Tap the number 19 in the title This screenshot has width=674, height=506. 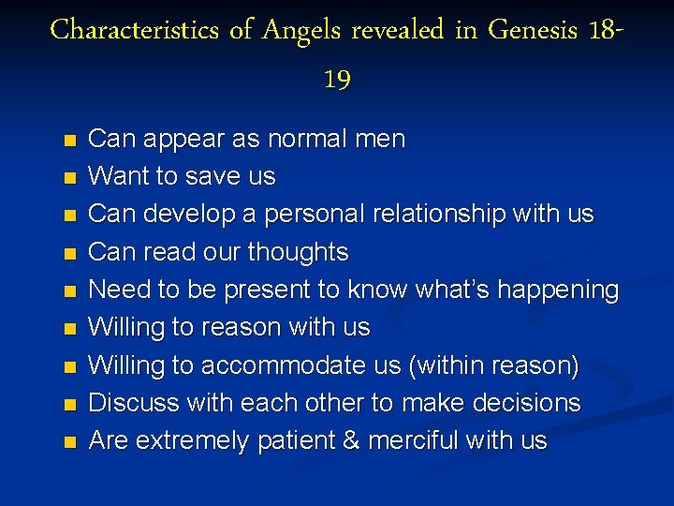(x=337, y=80)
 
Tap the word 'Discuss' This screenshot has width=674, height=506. (x=130, y=403)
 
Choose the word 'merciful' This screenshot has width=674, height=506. (x=416, y=440)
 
